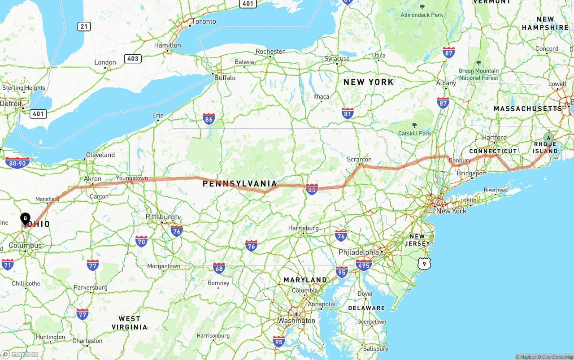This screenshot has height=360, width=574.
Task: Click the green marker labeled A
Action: coord(548,138)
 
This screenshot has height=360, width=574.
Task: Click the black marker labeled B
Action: coord(26,218)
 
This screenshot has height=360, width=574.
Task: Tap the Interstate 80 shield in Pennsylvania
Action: coord(312,189)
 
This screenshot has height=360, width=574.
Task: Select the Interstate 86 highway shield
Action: coord(209,118)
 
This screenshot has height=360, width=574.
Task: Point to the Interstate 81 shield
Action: coord(348,113)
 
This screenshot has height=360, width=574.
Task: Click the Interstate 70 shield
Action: coord(141,241)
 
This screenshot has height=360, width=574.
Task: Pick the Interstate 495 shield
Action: coord(363,265)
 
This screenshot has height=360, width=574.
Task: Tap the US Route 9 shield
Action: coord(424,264)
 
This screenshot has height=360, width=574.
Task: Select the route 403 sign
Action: coord(133,59)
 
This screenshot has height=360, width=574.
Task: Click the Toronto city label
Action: coord(204,22)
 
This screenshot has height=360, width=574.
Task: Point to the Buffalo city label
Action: coord(225,78)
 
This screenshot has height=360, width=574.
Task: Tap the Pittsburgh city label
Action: coord(162,217)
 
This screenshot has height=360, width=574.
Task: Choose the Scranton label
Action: coord(359,160)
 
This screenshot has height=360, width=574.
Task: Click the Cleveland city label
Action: coord(100,155)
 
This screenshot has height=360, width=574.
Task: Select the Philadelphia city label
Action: coord(359,252)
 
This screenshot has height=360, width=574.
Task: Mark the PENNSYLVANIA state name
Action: coord(239,184)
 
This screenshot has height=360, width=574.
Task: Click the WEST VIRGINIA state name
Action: coord(130,323)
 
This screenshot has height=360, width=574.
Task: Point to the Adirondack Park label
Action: coord(422,15)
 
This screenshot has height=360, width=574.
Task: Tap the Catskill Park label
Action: coord(414,133)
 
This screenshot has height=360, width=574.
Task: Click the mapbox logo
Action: coord(20,354)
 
